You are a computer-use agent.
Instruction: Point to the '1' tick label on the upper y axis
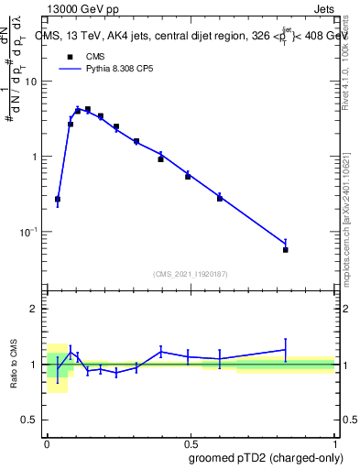[x=35, y=157]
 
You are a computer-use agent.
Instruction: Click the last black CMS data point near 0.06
[x=286, y=249]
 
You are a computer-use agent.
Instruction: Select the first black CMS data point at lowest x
[x=58, y=199]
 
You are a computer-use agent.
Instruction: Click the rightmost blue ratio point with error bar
[x=286, y=349]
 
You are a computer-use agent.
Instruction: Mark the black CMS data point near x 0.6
[x=220, y=198]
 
